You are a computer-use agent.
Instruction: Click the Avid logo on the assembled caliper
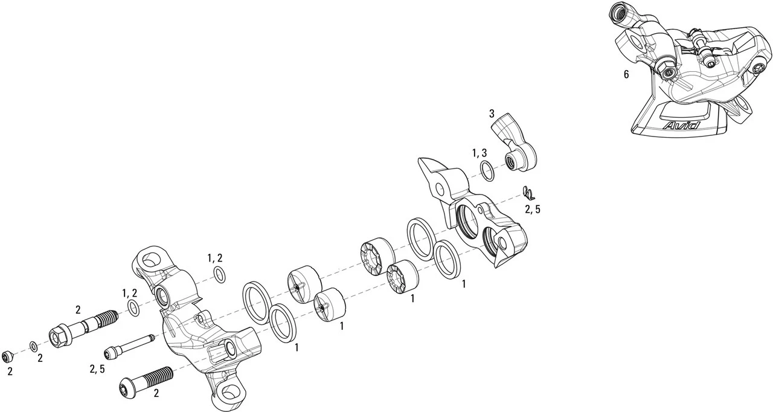pyautogui.click(x=681, y=126)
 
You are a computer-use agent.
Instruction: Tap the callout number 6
pyautogui.click(x=626, y=75)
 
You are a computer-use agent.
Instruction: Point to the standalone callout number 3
pyautogui.click(x=492, y=114)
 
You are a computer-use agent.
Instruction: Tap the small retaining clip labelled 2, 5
pyautogui.click(x=528, y=193)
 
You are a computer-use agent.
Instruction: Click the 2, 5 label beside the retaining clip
pyautogui.click(x=532, y=210)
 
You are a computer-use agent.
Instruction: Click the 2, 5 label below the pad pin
pyautogui.click(x=97, y=369)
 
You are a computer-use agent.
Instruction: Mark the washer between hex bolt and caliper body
pyautogui.click(x=134, y=309)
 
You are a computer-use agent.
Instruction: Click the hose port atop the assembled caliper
pyautogui.click(x=620, y=10)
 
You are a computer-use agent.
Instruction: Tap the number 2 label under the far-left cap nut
pyautogui.click(x=10, y=372)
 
